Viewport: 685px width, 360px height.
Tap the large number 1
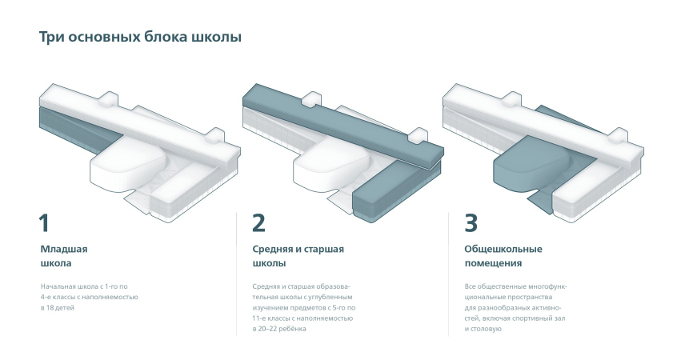pyautogui.click(x=44, y=223)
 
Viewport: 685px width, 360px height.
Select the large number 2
pyautogui.click(x=258, y=223)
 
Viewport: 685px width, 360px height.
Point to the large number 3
pyautogui.click(x=471, y=223)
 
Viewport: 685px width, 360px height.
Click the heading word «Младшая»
pyautogui.click(x=64, y=250)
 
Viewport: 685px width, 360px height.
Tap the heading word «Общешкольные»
pyautogui.click(x=503, y=250)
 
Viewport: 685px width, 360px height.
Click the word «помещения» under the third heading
pyautogui.click(x=493, y=263)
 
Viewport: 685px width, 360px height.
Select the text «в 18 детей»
pyautogui.click(x=58, y=307)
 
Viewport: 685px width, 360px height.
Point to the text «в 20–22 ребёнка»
pyautogui.click(x=279, y=329)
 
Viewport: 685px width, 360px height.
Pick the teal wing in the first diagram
pyautogui.click(x=74, y=131)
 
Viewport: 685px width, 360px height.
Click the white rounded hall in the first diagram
pyautogui.click(x=126, y=164)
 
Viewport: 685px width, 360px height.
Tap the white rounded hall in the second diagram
pyautogui.click(x=330, y=164)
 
